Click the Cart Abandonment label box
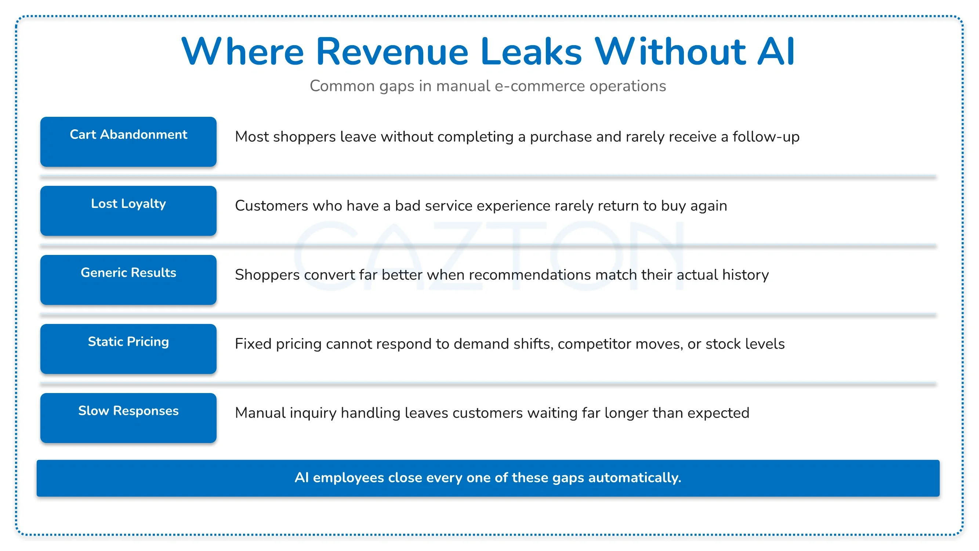click(x=128, y=142)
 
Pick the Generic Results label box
click(x=128, y=280)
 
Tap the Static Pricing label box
click(x=128, y=349)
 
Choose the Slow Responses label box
click(x=128, y=418)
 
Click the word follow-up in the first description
click(x=766, y=137)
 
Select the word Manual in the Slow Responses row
click(x=260, y=413)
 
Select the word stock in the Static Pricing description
click(x=723, y=344)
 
